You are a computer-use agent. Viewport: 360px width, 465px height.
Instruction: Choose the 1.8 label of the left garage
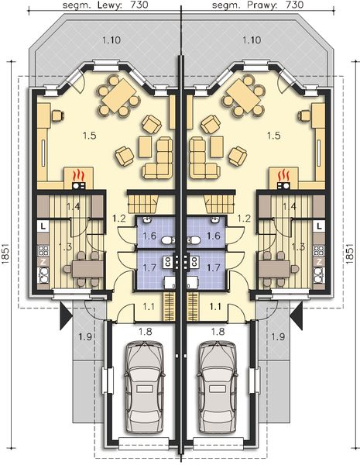point(145,332)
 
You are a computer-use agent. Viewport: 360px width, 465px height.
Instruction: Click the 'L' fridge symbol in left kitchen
point(42,225)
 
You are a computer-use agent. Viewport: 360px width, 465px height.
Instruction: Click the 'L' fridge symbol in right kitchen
point(319,225)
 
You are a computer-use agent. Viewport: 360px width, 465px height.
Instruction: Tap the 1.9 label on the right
point(278,336)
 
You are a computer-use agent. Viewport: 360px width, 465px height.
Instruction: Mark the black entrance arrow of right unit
point(297,313)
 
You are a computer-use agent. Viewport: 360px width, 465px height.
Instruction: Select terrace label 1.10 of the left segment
point(111,38)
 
